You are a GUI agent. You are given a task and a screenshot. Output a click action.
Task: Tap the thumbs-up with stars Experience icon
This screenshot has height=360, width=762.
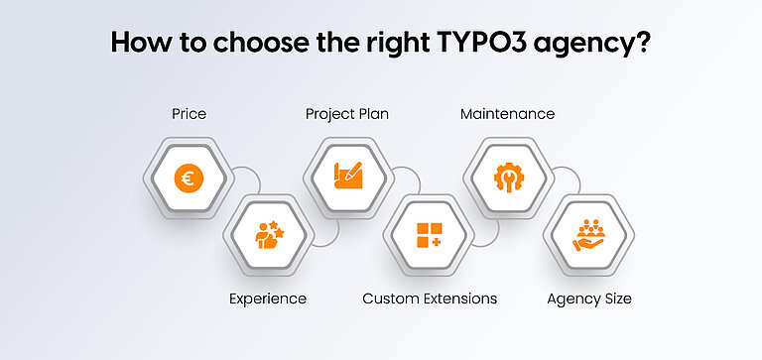pyautogui.click(x=267, y=235)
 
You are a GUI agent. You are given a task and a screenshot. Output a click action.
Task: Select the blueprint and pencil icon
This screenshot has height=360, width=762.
pyautogui.click(x=347, y=179)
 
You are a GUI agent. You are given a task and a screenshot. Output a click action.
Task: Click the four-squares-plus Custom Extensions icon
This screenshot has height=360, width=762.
pyautogui.click(x=429, y=235)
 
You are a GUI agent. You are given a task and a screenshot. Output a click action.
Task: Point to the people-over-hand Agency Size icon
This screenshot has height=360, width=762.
pyautogui.click(x=590, y=235)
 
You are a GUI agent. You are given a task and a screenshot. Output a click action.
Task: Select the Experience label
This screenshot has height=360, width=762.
pyautogui.click(x=267, y=299)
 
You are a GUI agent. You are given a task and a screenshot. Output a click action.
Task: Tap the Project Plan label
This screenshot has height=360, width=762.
pyautogui.click(x=347, y=114)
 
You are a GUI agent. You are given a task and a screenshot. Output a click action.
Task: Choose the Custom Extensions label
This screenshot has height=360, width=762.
pyautogui.click(x=429, y=299)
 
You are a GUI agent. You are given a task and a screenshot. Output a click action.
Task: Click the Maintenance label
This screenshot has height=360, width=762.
pyautogui.click(x=507, y=114)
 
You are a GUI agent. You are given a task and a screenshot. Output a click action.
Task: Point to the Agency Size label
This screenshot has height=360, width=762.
pyautogui.click(x=590, y=299)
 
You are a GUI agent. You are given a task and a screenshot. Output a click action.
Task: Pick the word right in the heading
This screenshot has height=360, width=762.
pyautogui.click(x=397, y=46)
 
